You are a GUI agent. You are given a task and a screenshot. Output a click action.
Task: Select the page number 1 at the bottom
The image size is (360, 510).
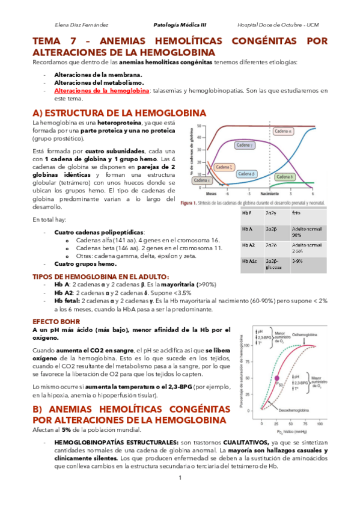[x=180, y=478]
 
